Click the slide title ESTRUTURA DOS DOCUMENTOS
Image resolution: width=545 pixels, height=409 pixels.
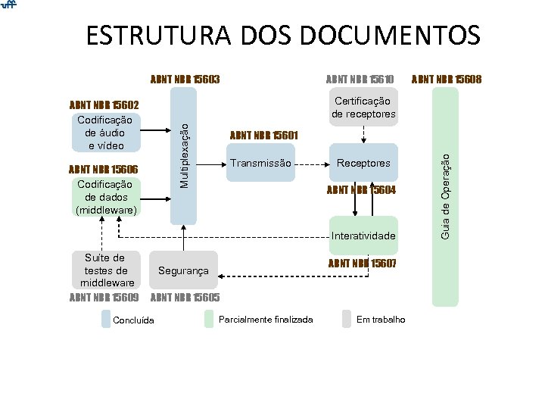click(282, 35)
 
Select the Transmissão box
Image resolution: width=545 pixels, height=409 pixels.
click(260, 164)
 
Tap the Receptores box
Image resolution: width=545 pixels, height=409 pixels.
click(363, 164)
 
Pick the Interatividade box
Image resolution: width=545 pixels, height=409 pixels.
click(363, 236)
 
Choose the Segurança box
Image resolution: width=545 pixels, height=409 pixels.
click(184, 270)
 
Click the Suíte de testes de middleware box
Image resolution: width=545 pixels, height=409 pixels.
click(105, 270)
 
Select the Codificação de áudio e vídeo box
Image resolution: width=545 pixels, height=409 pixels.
click(105, 133)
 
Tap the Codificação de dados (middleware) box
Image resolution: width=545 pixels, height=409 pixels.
click(105, 197)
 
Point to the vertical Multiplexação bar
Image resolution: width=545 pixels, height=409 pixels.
click(184, 155)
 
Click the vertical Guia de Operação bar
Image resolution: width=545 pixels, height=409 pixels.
click(446, 197)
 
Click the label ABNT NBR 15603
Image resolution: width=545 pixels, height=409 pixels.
click(185, 79)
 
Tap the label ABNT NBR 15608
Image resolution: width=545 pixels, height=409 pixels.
click(447, 79)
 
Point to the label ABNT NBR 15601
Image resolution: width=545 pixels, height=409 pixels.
click(263, 136)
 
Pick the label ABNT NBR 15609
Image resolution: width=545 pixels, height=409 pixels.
click(104, 297)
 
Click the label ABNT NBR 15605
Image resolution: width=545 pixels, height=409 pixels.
click(186, 297)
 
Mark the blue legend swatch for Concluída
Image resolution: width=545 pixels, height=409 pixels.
click(106, 319)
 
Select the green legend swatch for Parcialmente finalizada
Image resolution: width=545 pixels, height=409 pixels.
click(210, 319)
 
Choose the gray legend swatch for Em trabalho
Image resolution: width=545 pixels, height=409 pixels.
click(347, 319)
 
